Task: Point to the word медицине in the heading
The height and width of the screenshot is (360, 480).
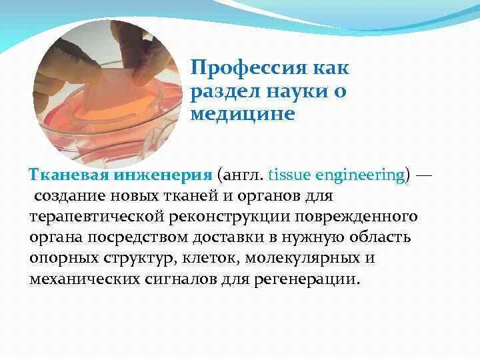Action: point(242,113)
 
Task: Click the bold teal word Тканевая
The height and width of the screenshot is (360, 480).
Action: point(65,175)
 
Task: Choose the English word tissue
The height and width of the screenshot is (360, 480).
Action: point(285,175)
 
